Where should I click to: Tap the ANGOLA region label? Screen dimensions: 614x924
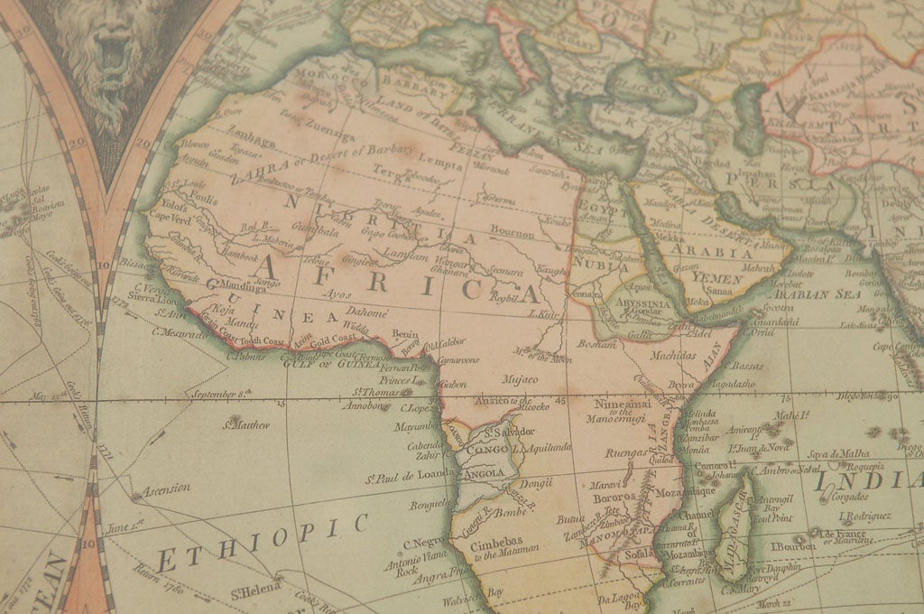pyautogui.click(x=485, y=472)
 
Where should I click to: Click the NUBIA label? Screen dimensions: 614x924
pyautogui.click(x=599, y=267)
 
